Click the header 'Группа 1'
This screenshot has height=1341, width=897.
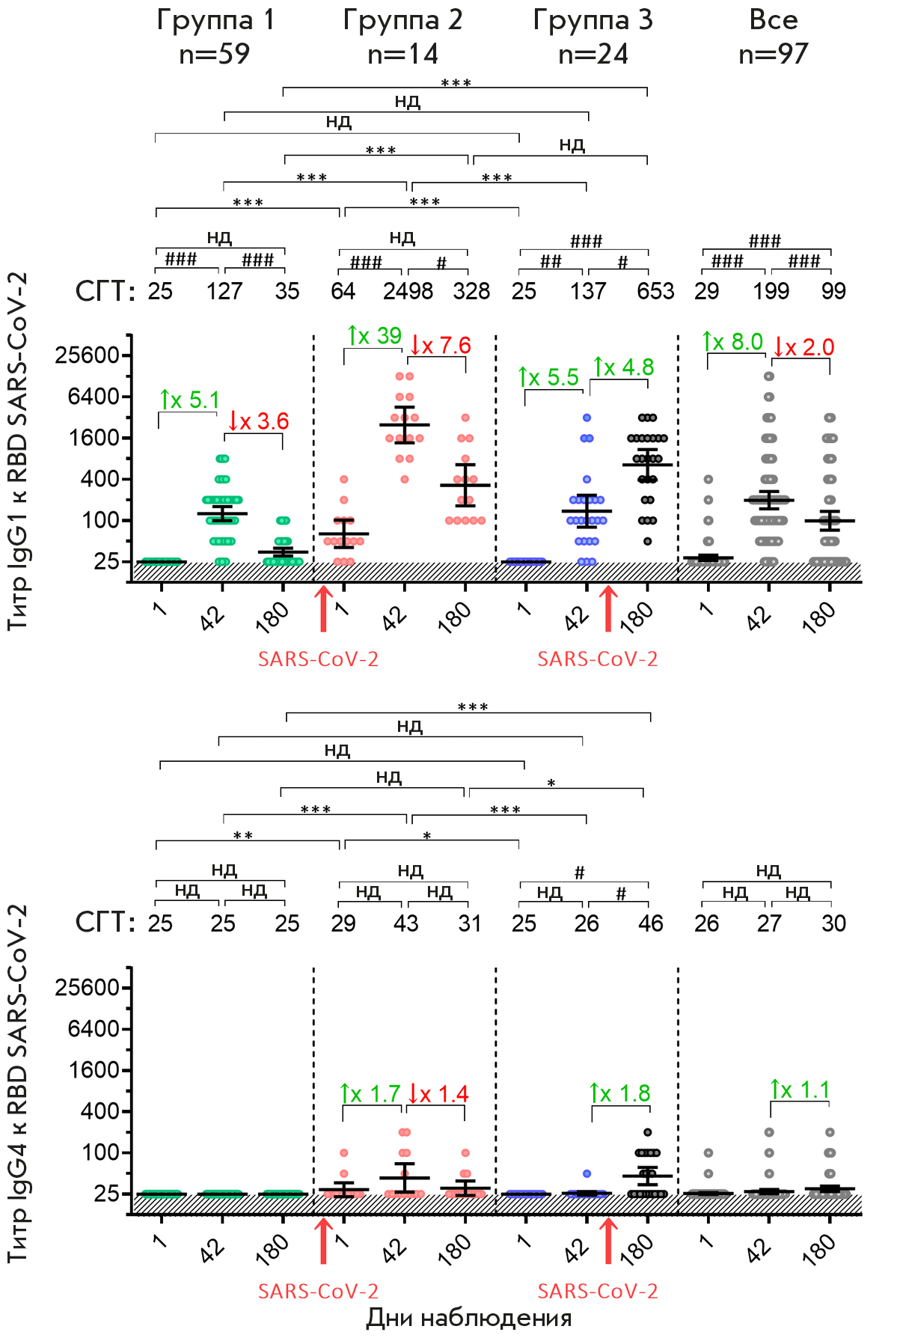215,20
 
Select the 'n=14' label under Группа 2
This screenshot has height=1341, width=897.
402,54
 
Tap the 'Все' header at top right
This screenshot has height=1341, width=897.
774,20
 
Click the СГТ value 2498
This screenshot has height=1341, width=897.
408,291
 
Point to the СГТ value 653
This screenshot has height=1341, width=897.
655,291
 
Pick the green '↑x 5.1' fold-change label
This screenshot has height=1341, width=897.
189,400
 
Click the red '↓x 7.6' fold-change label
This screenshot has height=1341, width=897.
441,346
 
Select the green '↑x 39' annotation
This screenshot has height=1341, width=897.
375,336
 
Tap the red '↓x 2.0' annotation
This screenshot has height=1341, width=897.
803,347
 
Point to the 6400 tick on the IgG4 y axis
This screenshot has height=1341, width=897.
93,1029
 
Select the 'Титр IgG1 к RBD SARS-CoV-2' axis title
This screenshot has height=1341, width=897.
18,451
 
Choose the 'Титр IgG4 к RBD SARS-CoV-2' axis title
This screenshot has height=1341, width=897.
18,1084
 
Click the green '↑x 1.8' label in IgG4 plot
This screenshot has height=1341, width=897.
620,1093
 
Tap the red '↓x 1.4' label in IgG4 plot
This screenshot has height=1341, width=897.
438,1094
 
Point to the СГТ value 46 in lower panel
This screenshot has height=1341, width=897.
651,923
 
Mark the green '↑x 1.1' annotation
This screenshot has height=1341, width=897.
800,1090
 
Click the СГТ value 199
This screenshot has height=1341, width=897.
771,291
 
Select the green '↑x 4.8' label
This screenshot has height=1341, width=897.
624,367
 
